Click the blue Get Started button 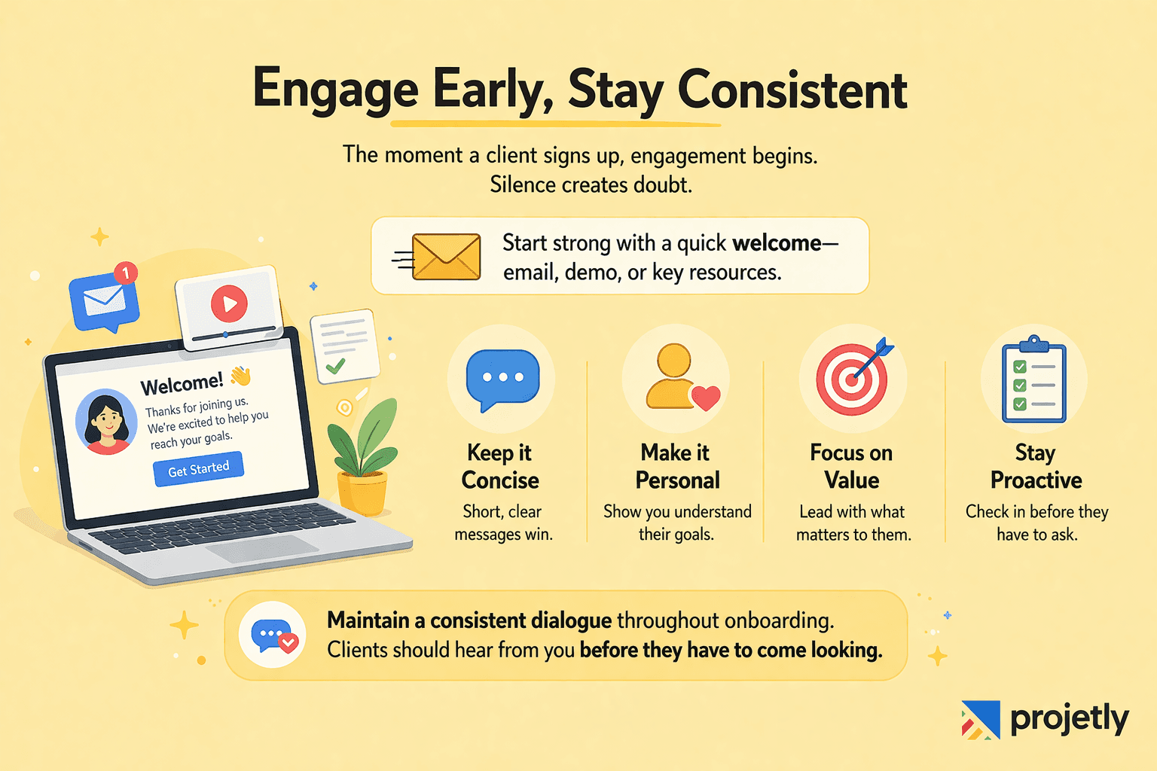(198, 469)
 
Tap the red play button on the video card (229, 303)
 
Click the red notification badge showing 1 (126, 273)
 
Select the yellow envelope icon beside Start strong (446, 257)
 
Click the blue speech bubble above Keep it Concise (502, 378)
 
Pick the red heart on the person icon (706, 397)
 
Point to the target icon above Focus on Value (852, 379)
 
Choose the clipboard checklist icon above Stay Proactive (1033, 380)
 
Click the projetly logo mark (980, 719)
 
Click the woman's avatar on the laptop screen (106, 422)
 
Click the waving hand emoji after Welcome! (240, 375)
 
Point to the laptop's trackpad (262, 549)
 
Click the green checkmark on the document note (335, 366)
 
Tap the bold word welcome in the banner (776, 243)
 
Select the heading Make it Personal (676, 466)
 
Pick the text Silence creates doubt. (591, 184)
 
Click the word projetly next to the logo (1069, 719)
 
